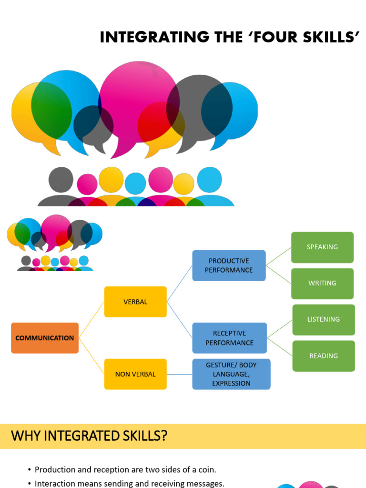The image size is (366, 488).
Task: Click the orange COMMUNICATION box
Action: (x=45, y=338)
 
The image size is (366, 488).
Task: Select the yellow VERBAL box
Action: (x=135, y=302)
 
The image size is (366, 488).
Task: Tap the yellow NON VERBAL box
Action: (x=135, y=374)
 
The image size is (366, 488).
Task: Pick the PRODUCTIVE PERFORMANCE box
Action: (x=229, y=265)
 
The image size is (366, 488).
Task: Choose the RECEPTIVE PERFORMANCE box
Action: (x=229, y=338)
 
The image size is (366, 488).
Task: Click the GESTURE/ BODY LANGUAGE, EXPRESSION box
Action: (x=231, y=374)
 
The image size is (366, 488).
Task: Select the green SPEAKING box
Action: (x=322, y=247)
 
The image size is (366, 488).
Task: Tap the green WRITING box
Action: (x=322, y=283)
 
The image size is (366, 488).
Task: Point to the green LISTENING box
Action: (x=323, y=319)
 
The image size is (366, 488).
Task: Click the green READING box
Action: (x=323, y=356)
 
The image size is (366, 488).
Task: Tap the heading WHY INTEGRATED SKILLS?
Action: (x=89, y=436)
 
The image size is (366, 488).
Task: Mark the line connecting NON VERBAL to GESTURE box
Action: (x=179, y=374)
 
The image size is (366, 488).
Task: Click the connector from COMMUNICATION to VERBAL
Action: (x=91, y=320)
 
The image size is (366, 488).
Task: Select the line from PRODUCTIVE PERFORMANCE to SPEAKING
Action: (x=278, y=256)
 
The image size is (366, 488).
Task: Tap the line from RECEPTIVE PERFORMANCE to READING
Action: (x=280, y=347)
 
